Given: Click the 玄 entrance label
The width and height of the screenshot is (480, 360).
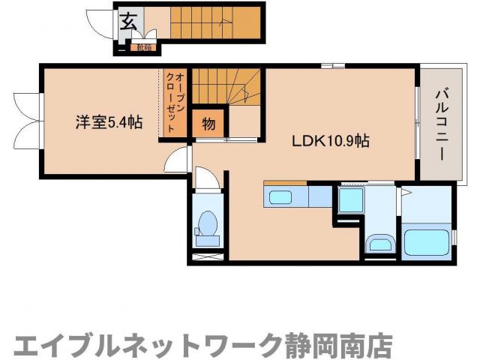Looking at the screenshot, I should (128, 20).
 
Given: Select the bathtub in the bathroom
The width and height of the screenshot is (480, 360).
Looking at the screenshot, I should (427, 243).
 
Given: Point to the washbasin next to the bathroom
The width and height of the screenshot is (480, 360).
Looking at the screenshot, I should (380, 244).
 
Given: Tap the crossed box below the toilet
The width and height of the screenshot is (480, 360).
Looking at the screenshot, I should (207, 257).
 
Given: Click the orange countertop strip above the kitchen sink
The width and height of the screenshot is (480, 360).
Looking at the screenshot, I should (285, 182).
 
